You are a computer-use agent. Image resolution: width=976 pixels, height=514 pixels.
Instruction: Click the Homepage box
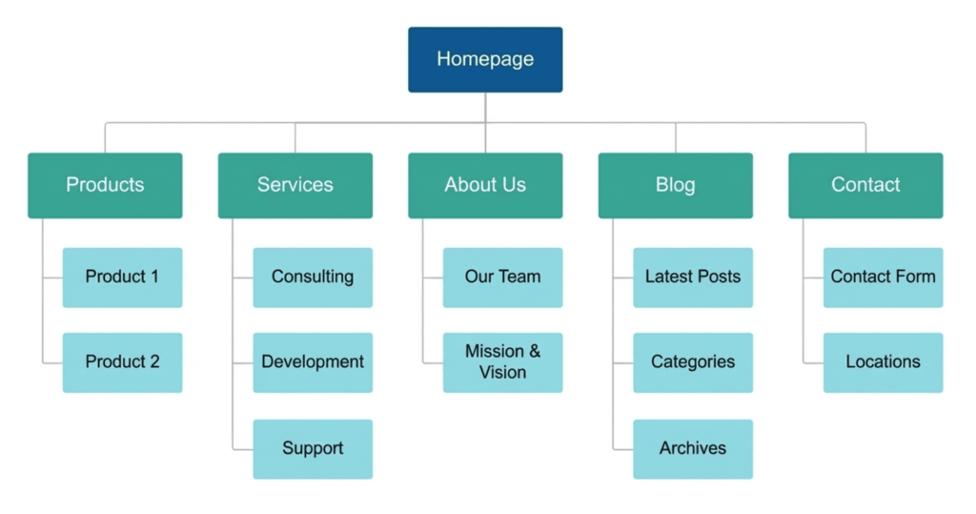(x=485, y=59)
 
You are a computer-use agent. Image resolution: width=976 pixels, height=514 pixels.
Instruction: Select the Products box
(x=105, y=185)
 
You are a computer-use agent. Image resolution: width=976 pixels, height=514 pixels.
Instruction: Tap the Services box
(x=295, y=185)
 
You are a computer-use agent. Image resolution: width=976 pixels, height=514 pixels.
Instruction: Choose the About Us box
(x=485, y=185)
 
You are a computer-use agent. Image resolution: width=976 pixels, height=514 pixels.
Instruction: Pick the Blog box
(x=675, y=185)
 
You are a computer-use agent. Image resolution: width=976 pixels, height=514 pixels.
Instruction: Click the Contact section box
(x=865, y=185)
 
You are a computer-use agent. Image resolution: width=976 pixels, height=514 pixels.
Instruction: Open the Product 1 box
(x=122, y=278)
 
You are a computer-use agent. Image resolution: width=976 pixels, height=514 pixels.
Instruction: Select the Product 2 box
(x=122, y=362)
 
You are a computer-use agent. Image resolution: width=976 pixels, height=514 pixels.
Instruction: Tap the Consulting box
(x=313, y=278)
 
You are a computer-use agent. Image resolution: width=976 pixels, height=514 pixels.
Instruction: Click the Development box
(x=313, y=362)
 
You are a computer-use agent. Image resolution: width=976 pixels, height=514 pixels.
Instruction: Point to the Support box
(x=313, y=448)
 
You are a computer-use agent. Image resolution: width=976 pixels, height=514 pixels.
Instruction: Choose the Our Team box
(x=502, y=278)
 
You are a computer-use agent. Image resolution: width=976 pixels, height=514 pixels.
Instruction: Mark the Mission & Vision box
(x=502, y=362)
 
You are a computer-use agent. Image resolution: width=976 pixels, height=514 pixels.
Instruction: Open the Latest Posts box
(x=693, y=278)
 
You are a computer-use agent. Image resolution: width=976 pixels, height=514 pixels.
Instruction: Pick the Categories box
(x=693, y=362)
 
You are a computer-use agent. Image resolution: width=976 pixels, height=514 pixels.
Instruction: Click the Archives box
(x=693, y=448)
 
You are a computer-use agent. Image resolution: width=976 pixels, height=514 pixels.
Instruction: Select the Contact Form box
(x=883, y=278)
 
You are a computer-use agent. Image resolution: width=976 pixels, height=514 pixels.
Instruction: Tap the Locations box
(x=883, y=362)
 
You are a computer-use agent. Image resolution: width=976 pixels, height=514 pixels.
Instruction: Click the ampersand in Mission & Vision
(x=534, y=352)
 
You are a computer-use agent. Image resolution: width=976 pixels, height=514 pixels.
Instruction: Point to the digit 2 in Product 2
(x=154, y=362)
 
